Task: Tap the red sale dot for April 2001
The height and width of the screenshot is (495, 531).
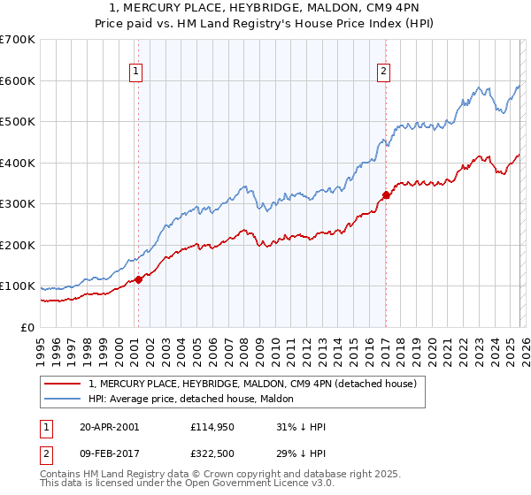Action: point(139,280)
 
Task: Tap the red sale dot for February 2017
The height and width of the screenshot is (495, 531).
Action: point(386,194)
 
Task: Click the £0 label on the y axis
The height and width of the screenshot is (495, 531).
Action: point(28,327)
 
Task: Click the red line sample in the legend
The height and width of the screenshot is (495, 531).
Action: point(62,384)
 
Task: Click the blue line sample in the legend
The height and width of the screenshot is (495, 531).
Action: point(62,400)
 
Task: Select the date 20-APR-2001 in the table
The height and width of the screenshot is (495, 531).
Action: point(109,427)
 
